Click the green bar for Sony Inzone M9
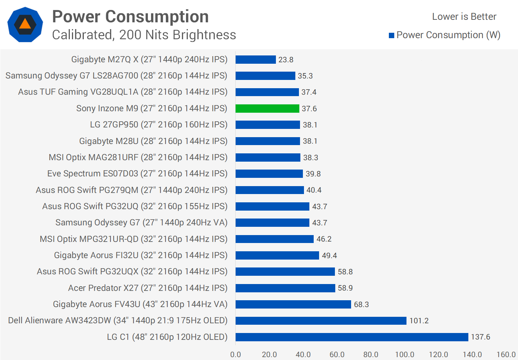(267, 108)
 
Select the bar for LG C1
(352, 337)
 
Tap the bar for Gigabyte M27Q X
(256, 59)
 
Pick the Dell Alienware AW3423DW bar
(321, 320)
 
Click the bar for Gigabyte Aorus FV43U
(293, 304)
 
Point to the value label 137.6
(481, 337)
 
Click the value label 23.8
(286, 60)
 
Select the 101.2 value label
(419, 321)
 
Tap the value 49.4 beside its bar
(330, 256)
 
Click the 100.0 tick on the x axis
(405, 354)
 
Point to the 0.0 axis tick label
(236, 354)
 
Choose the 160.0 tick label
(506, 354)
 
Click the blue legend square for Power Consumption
(392, 35)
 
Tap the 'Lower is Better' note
(464, 17)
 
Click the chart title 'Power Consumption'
(130, 17)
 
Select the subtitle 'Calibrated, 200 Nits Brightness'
(144, 35)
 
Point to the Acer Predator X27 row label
(148, 288)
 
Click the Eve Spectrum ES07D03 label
(137, 174)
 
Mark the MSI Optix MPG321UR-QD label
(134, 239)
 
